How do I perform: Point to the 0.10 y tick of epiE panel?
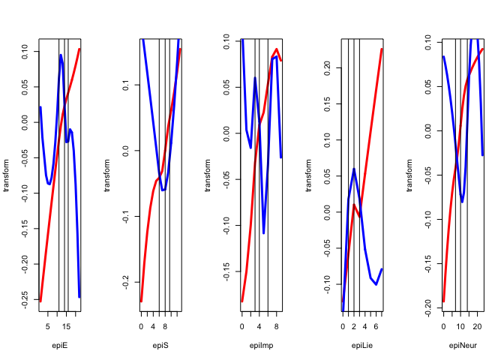(24, 52)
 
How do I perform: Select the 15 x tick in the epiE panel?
(66, 326)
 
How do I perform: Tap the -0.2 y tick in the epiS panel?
(124, 280)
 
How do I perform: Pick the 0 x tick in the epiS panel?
(141, 326)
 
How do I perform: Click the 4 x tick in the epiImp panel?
(259, 326)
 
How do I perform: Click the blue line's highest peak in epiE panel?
(61, 55)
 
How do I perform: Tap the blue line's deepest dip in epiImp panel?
(264, 233)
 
